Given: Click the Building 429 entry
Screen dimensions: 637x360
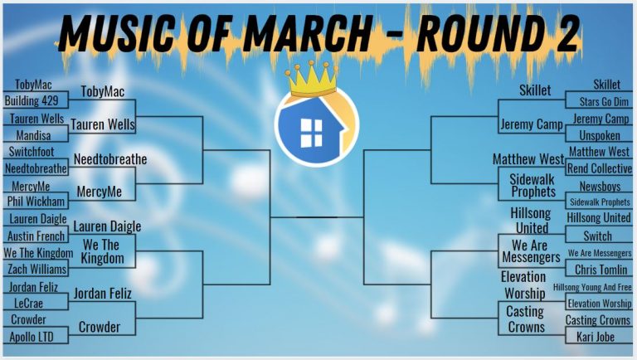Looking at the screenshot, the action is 32,100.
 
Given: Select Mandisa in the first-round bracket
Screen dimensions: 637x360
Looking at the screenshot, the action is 34,135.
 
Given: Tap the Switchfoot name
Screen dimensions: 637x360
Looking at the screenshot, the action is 32,152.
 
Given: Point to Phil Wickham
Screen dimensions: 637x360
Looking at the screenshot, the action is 36,201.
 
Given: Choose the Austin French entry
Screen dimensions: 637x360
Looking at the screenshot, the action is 36,236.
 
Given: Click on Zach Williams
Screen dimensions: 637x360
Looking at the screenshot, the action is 37,269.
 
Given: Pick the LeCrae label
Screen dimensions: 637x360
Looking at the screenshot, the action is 28,303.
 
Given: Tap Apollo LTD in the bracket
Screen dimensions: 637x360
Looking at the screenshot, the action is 32,337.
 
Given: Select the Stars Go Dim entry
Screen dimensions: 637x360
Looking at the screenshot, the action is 604,101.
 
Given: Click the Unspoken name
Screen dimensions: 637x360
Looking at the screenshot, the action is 600,135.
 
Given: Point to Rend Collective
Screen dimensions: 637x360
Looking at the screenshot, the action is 600,168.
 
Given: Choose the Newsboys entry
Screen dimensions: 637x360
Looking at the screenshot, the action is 600,187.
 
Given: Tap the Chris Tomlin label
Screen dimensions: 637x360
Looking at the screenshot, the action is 601,270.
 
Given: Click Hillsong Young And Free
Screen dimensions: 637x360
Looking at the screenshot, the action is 592,287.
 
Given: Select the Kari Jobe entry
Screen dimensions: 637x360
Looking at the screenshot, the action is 596,337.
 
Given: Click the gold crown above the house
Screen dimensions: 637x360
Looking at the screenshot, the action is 312,79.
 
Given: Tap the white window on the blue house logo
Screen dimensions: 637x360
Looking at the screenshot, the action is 311,133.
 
